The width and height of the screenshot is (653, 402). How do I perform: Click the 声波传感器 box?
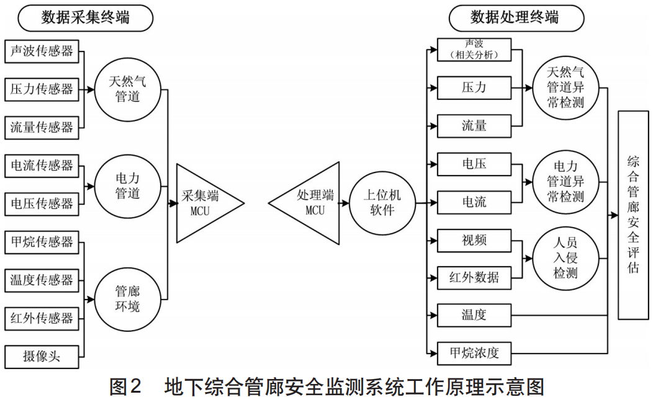(42, 51)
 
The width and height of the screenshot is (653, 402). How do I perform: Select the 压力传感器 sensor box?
(42, 89)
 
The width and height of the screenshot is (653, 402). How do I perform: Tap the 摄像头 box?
(42, 356)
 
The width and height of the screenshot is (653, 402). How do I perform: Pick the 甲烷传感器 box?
(42, 241)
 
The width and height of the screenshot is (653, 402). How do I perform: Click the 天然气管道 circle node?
(127, 89)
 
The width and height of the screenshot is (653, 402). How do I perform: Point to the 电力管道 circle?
(127, 185)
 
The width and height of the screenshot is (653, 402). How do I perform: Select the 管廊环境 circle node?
(127, 298)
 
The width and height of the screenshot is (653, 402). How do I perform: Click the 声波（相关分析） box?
(474, 50)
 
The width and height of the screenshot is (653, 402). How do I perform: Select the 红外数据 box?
(474, 277)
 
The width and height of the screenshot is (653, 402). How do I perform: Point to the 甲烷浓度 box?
(474, 354)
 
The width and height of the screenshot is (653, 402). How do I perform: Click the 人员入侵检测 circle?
(565, 259)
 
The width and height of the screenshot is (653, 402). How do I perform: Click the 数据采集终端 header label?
(86, 18)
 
